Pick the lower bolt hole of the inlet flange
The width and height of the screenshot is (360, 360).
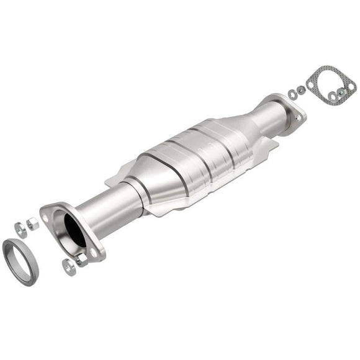(x=94, y=253)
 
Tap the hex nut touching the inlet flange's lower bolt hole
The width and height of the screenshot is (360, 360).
(x=81, y=260)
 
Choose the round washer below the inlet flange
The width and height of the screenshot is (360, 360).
(x=68, y=266)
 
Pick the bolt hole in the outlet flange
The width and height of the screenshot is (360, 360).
(x=295, y=115)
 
